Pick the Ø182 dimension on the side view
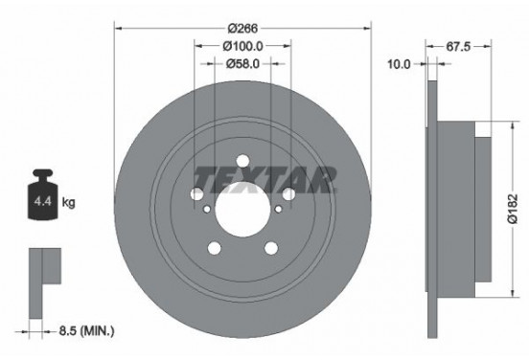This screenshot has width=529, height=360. [x=515, y=203]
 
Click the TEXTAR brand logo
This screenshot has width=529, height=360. [x=264, y=177]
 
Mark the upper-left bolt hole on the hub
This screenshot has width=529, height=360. [x=196, y=194]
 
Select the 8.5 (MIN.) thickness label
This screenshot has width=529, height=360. [x=82, y=332]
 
